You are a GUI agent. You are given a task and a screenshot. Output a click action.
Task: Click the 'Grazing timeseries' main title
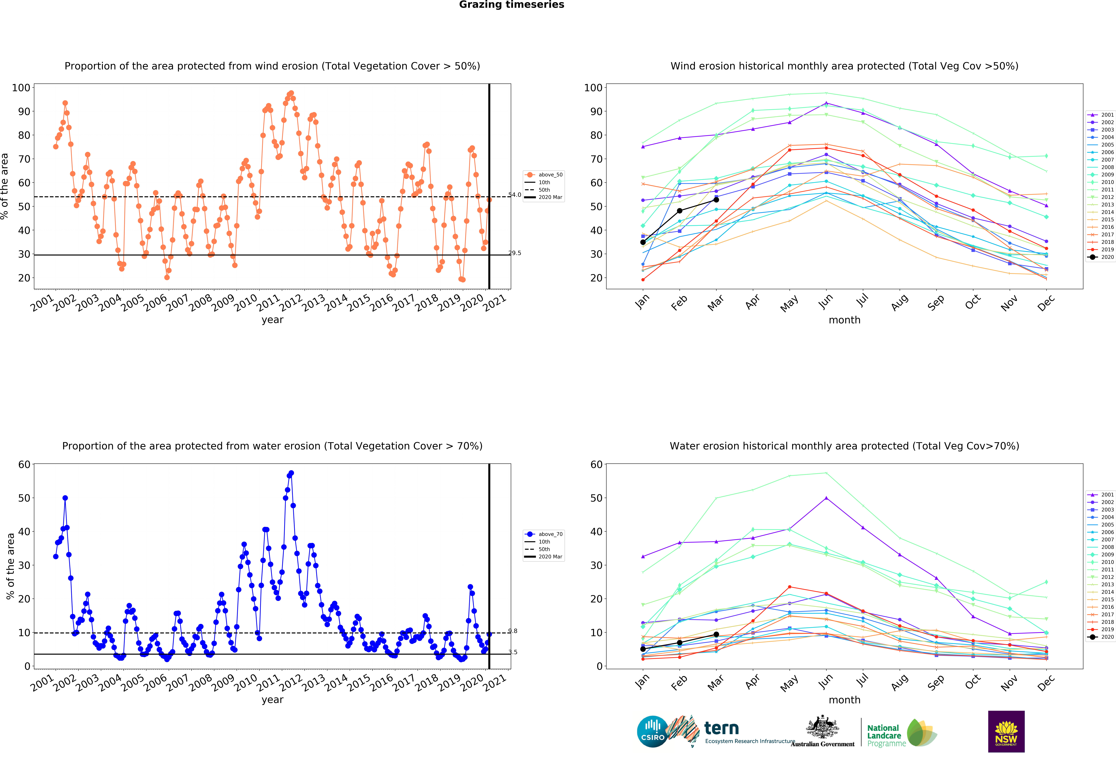511,5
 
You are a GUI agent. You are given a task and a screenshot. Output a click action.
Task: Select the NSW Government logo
1006,731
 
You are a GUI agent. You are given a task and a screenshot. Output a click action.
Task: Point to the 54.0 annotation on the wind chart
515,195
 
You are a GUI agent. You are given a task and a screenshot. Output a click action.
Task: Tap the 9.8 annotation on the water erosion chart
513,631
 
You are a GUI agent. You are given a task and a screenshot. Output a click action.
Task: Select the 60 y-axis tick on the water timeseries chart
24,465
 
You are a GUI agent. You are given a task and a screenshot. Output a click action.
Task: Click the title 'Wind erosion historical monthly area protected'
844,66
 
